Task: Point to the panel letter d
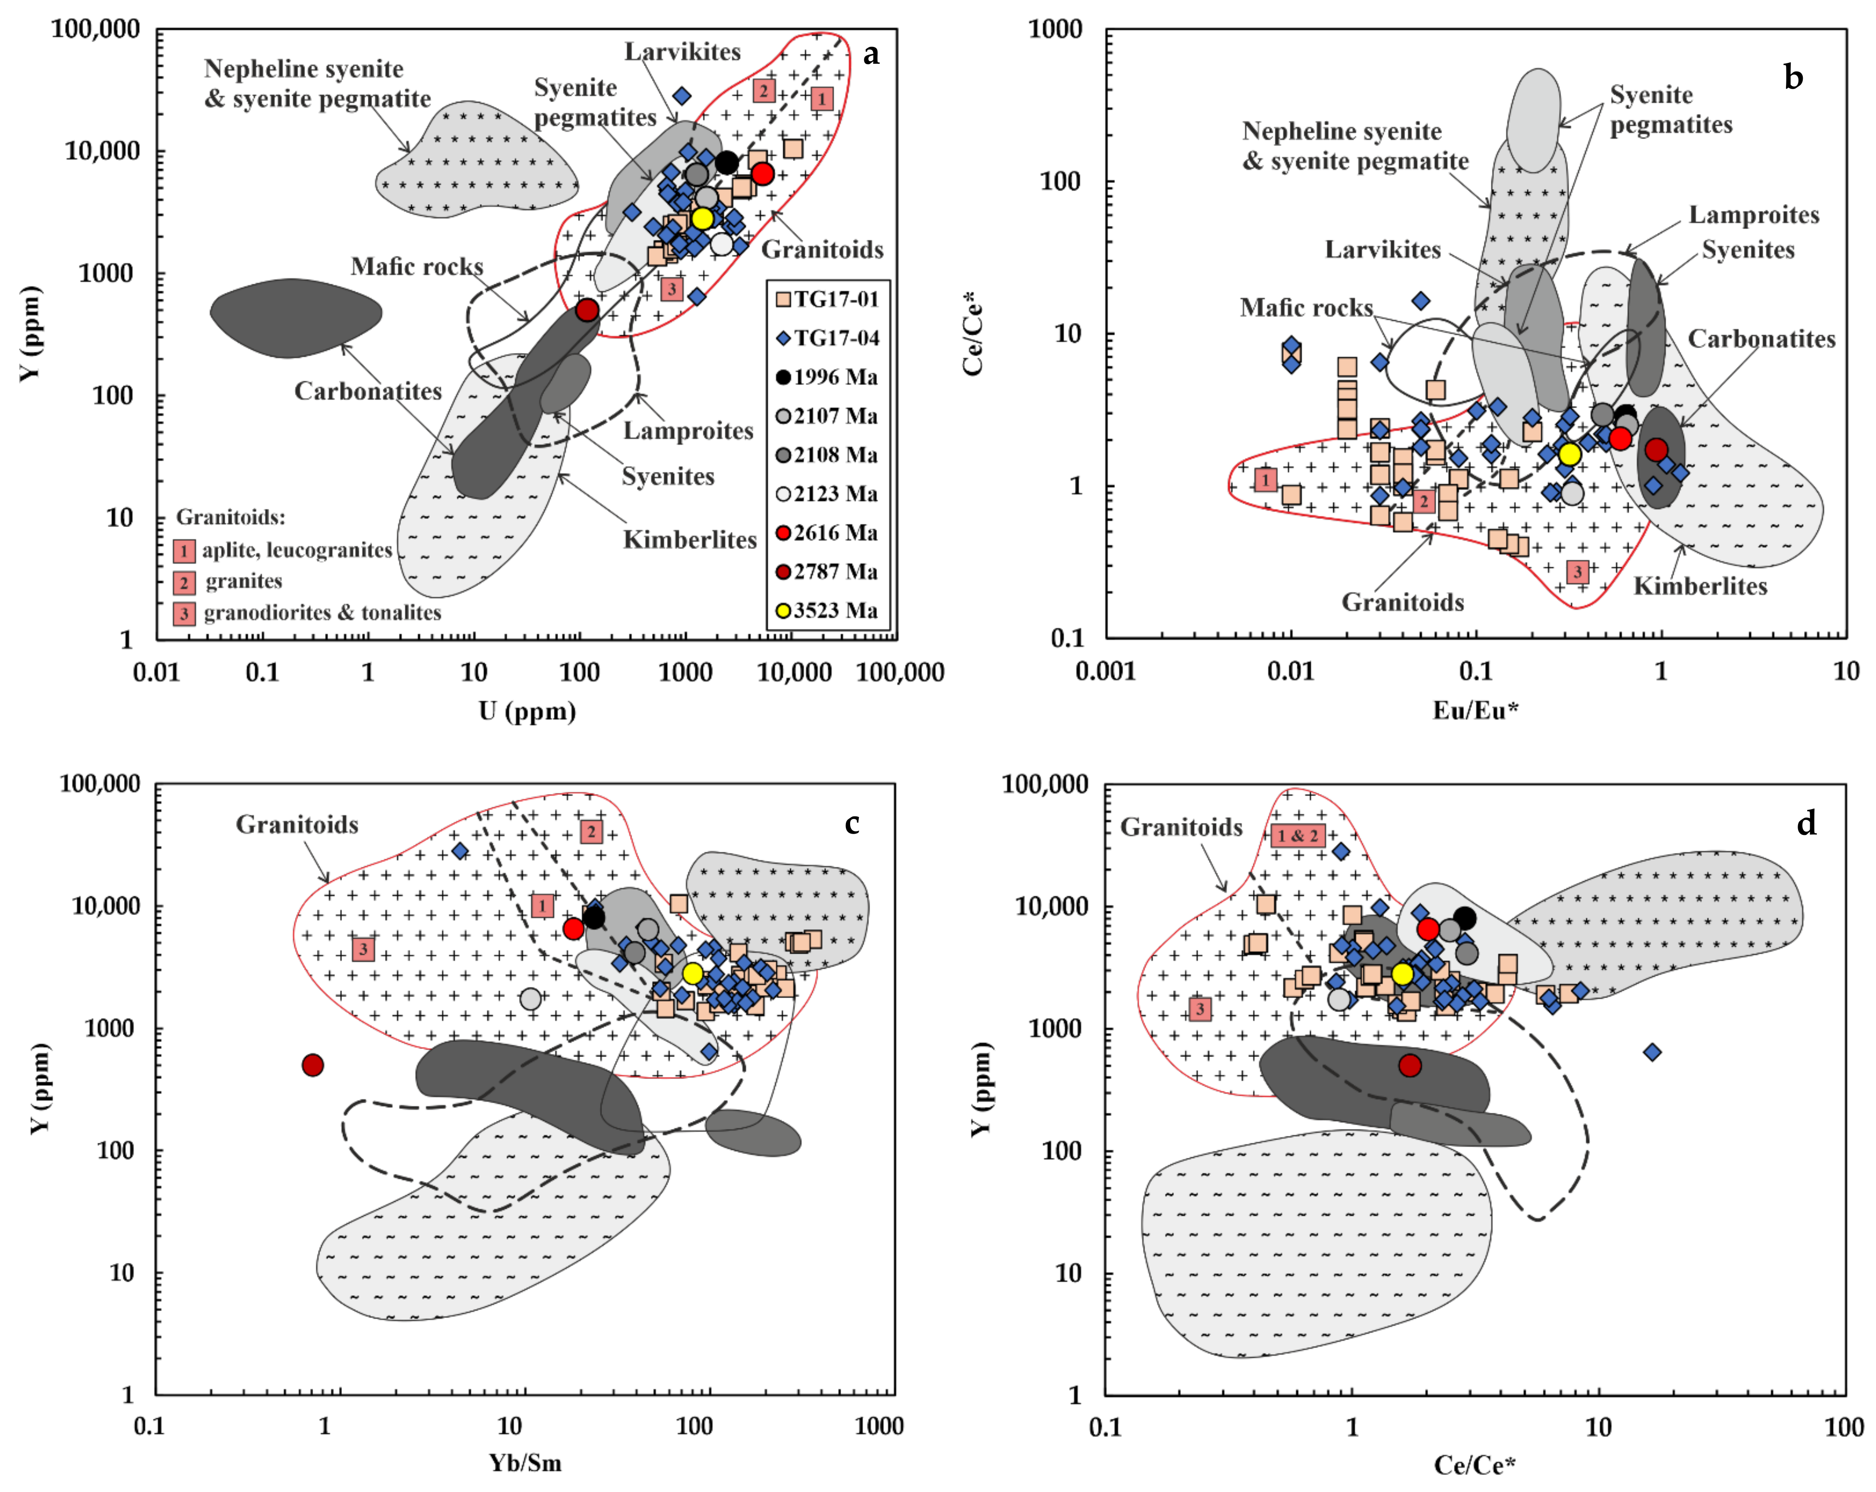1806,823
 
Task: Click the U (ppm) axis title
527,712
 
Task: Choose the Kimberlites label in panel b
1700,586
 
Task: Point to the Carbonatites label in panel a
368,391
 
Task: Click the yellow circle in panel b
1569,454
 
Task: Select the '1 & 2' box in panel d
1297,836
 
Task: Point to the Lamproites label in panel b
1754,215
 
